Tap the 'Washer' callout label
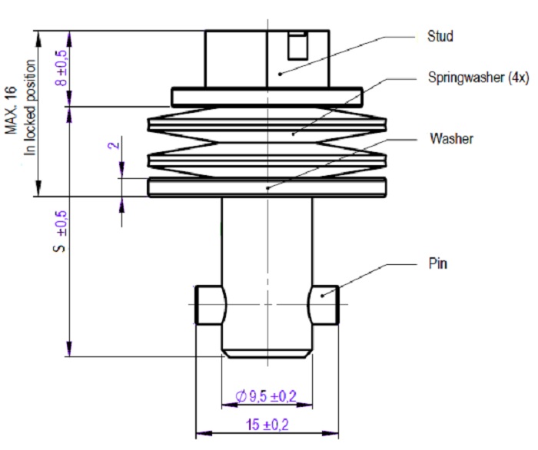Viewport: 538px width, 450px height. [x=451, y=140]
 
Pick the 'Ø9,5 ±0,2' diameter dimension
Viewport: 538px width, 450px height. [x=268, y=396]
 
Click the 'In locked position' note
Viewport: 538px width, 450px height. [x=31, y=108]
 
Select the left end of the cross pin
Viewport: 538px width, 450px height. [x=210, y=305]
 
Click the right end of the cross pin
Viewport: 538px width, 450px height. [x=324, y=305]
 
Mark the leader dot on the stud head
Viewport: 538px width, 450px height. [x=281, y=74]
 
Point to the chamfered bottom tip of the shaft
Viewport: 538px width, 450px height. [x=267, y=354]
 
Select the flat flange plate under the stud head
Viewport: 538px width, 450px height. [x=267, y=97]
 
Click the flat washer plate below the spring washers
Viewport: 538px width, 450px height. [x=267, y=187]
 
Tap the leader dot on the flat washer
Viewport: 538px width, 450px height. [x=267, y=187]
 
